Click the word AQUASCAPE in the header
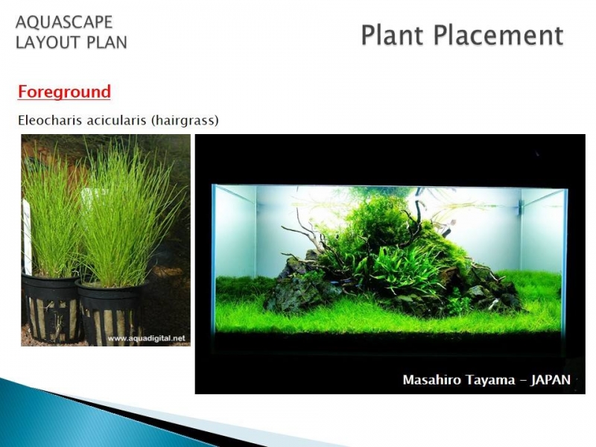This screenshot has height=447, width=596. (64, 22)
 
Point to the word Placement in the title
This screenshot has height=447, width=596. (498, 35)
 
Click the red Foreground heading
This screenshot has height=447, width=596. (64, 92)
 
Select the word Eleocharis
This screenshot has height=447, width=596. (50, 121)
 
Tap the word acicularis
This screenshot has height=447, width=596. (116, 121)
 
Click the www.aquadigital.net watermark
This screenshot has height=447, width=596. (146, 338)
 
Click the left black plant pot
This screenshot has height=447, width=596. (51, 308)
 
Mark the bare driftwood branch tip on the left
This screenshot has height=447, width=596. (283, 228)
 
